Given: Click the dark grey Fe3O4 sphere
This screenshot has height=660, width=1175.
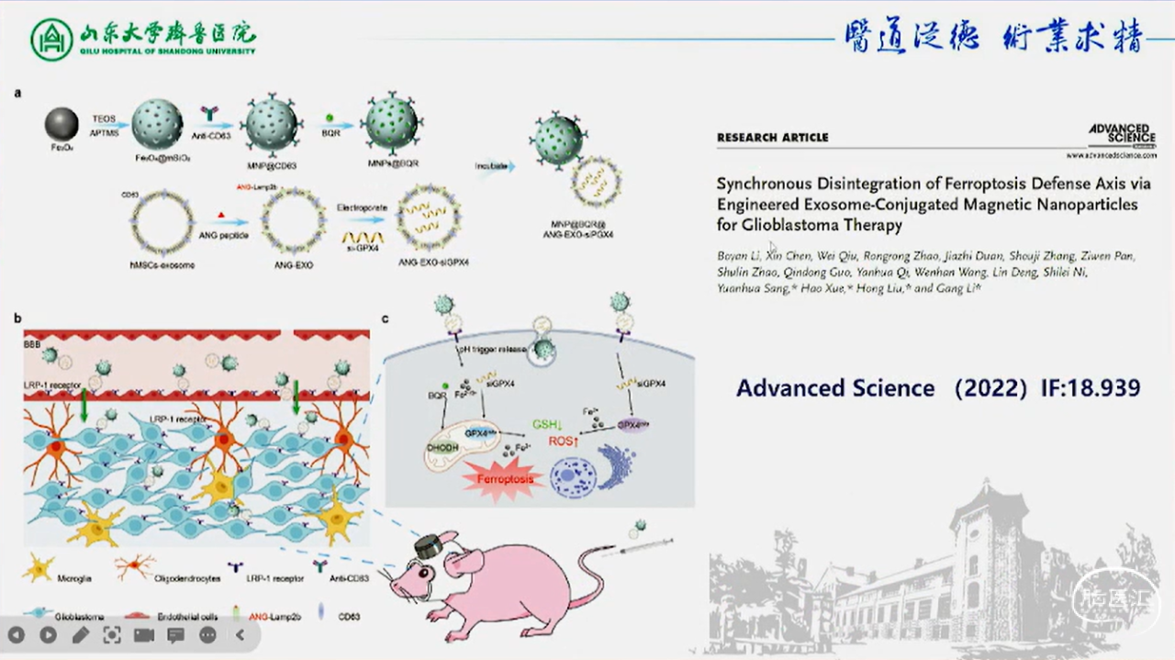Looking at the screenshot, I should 62,125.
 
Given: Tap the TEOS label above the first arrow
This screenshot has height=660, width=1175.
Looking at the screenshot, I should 104,118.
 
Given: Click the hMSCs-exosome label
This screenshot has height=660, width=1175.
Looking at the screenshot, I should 162,264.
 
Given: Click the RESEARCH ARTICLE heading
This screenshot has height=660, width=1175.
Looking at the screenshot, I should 772,138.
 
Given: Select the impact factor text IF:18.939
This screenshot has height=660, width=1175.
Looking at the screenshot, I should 1091,387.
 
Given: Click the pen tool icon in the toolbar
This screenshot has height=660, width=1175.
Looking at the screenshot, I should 80,634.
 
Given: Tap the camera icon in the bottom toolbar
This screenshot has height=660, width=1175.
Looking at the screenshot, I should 144,634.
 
